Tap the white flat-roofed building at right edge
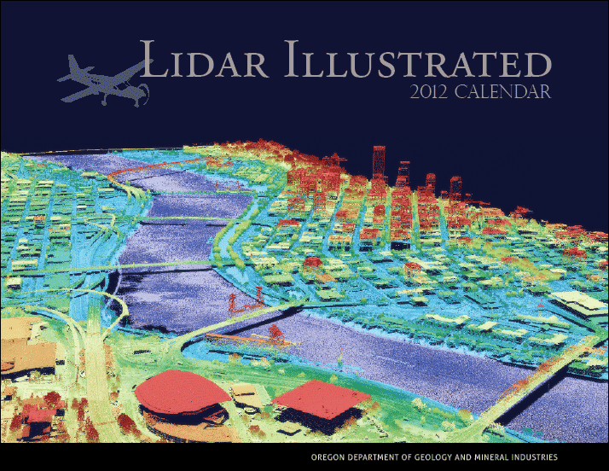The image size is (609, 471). (x=580, y=302)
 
